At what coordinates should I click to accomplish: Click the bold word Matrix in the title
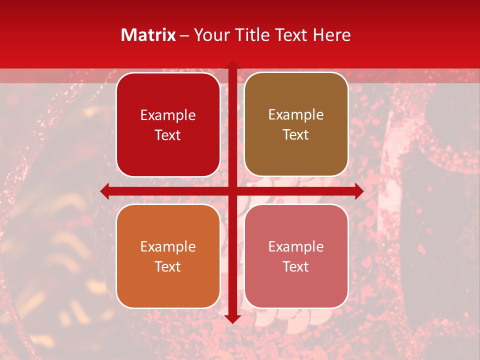point(148,35)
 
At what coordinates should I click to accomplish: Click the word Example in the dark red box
point(168,115)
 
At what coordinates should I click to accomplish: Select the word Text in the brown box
point(296,135)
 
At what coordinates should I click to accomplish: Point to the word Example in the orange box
point(168,247)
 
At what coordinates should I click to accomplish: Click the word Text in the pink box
point(296,266)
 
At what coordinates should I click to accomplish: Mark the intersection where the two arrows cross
point(232,191)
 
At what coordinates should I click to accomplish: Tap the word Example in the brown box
point(296,115)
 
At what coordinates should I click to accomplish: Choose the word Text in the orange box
point(168,266)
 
